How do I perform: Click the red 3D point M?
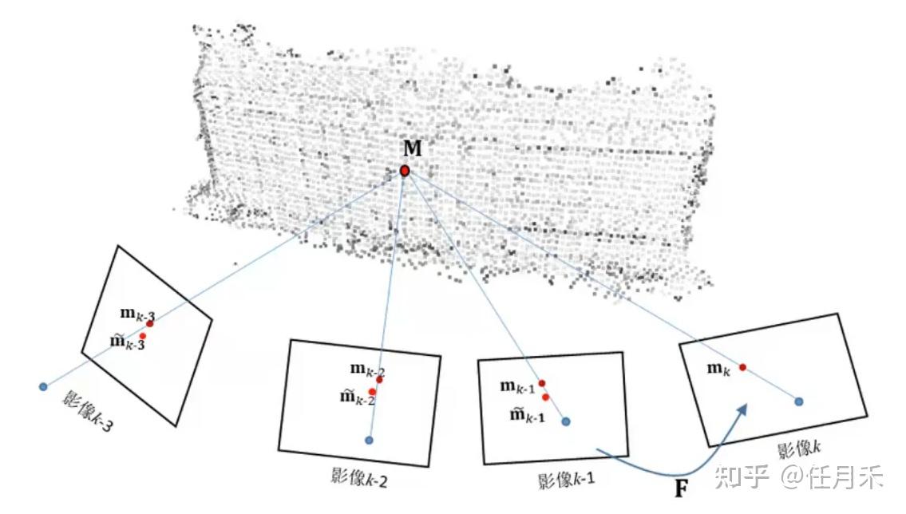click(x=405, y=171)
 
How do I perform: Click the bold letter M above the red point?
click(x=413, y=150)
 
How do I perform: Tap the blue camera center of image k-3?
click(x=43, y=387)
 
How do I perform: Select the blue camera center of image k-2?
click(x=369, y=440)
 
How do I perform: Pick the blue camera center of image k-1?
click(x=565, y=421)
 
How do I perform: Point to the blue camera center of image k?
click(x=798, y=401)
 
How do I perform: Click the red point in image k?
click(x=742, y=367)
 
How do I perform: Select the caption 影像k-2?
click(x=359, y=477)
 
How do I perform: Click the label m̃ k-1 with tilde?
click(x=526, y=414)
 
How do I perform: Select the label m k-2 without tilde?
click(x=367, y=370)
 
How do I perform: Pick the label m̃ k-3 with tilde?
click(x=127, y=342)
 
